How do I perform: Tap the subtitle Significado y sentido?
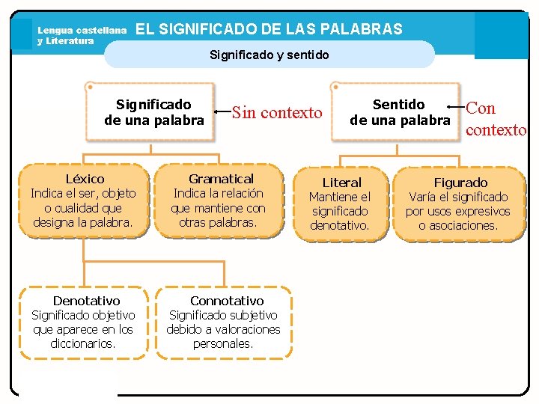click(x=269, y=55)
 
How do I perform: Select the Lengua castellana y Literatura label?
click(x=82, y=35)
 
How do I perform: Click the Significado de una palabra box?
click(x=153, y=112)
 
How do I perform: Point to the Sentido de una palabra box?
click(x=400, y=112)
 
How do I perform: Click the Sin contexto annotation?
click(x=277, y=113)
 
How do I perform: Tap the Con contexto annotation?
click(x=495, y=119)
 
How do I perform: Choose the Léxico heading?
click(x=85, y=180)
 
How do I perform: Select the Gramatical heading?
click(x=221, y=179)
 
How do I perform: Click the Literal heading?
click(x=341, y=183)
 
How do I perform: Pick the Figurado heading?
click(x=460, y=183)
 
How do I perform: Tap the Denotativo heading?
click(x=86, y=301)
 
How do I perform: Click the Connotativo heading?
click(x=226, y=301)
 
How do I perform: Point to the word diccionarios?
click(x=83, y=343)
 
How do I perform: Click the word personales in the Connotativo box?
click(x=223, y=343)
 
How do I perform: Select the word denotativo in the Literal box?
click(x=340, y=225)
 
